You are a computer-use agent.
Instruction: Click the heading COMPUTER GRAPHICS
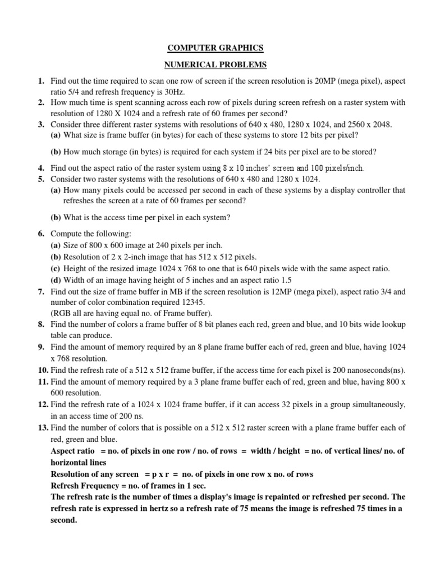coord(215,48)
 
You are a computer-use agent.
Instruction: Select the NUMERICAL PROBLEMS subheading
coord(215,65)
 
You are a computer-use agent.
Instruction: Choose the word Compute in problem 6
coord(66,233)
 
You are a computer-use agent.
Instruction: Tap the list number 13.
coord(43,428)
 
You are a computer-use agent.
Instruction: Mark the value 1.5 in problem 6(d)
coord(286,280)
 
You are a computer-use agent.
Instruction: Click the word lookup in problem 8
coord(393,325)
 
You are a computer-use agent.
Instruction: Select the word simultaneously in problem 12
coord(373,405)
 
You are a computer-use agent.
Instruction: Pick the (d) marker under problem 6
coord(56,280)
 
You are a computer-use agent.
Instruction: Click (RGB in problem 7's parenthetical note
coord(61,313)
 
